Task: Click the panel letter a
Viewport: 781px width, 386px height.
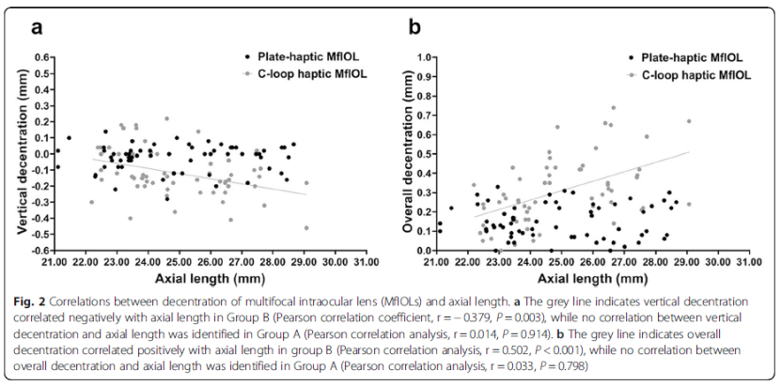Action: (37, 26)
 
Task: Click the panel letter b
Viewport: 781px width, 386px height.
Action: (414, 26)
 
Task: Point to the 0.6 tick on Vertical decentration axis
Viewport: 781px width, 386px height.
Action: (42, 57)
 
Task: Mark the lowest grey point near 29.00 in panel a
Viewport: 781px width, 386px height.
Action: (306, 228)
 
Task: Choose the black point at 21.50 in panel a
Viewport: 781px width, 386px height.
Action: (69, 138)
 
